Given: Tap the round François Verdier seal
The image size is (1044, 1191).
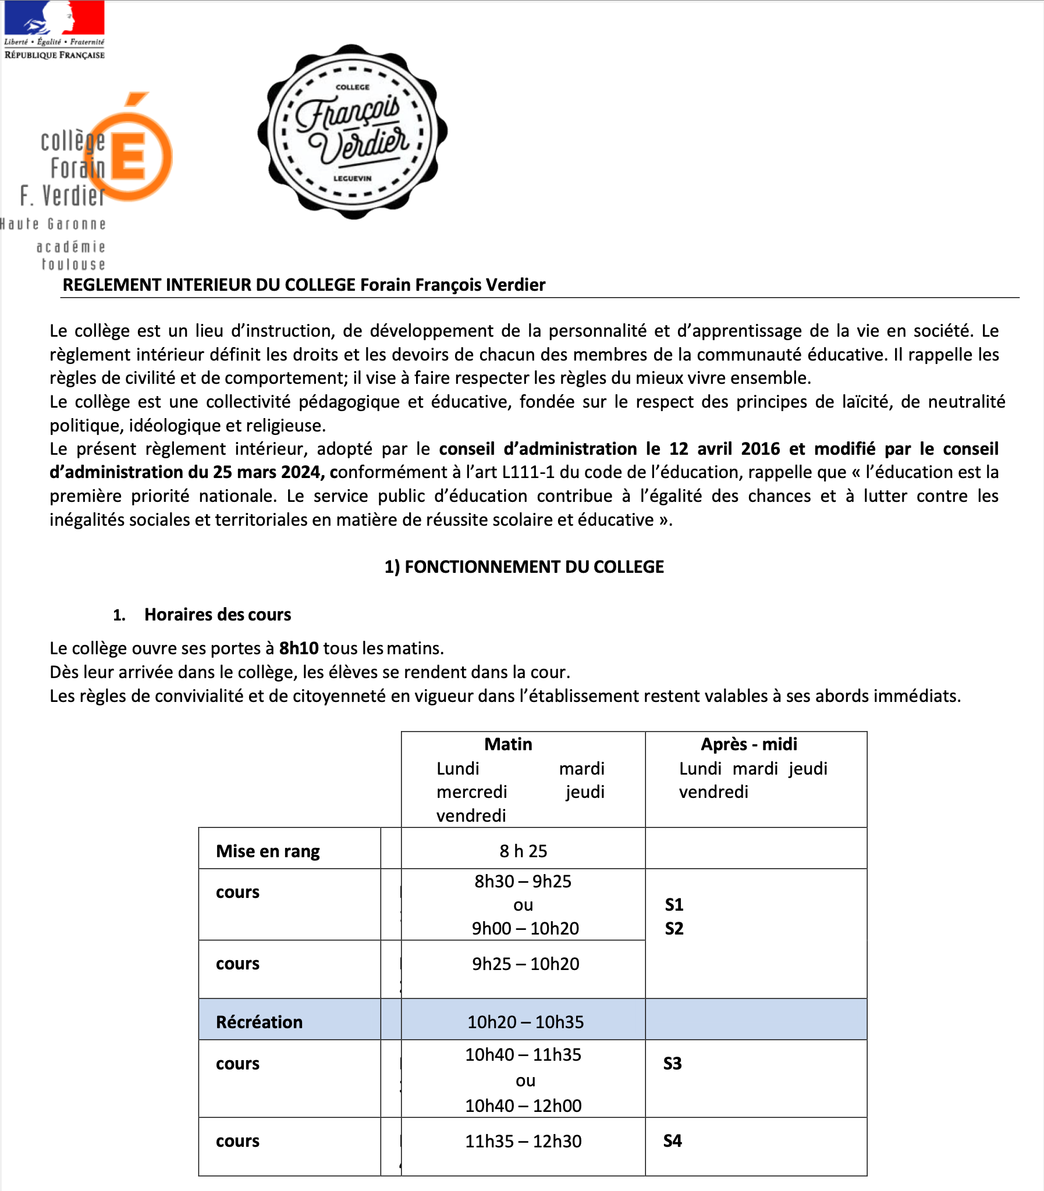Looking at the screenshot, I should tap(353, 131).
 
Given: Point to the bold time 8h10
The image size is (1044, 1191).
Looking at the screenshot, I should tap(299, 648).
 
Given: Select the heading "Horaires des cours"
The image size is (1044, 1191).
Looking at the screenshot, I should tap(217, 614).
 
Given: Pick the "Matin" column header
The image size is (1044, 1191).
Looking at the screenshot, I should tap(508, 744).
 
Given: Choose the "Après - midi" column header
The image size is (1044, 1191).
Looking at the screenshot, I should tap(748, 744).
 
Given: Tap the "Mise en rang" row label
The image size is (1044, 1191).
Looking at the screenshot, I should tap(268, 851).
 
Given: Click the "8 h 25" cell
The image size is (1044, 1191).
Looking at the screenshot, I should tap(523, 851).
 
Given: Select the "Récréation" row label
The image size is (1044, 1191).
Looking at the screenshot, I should tap(259, 1022).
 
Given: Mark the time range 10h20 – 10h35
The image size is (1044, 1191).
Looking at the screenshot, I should tap(525, 1022).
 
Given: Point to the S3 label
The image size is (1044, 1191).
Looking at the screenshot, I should tap(672, 1064).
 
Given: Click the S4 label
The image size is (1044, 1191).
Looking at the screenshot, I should tap(672, 1140).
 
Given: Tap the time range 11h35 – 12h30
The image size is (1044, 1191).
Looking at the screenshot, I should tap(523, 1141).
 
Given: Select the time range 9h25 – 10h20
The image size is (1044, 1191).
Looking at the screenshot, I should tap(525, 964).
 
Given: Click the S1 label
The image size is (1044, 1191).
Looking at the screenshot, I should tap(674, 905).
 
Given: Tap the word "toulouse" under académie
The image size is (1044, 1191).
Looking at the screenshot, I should tap(73, 265).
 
